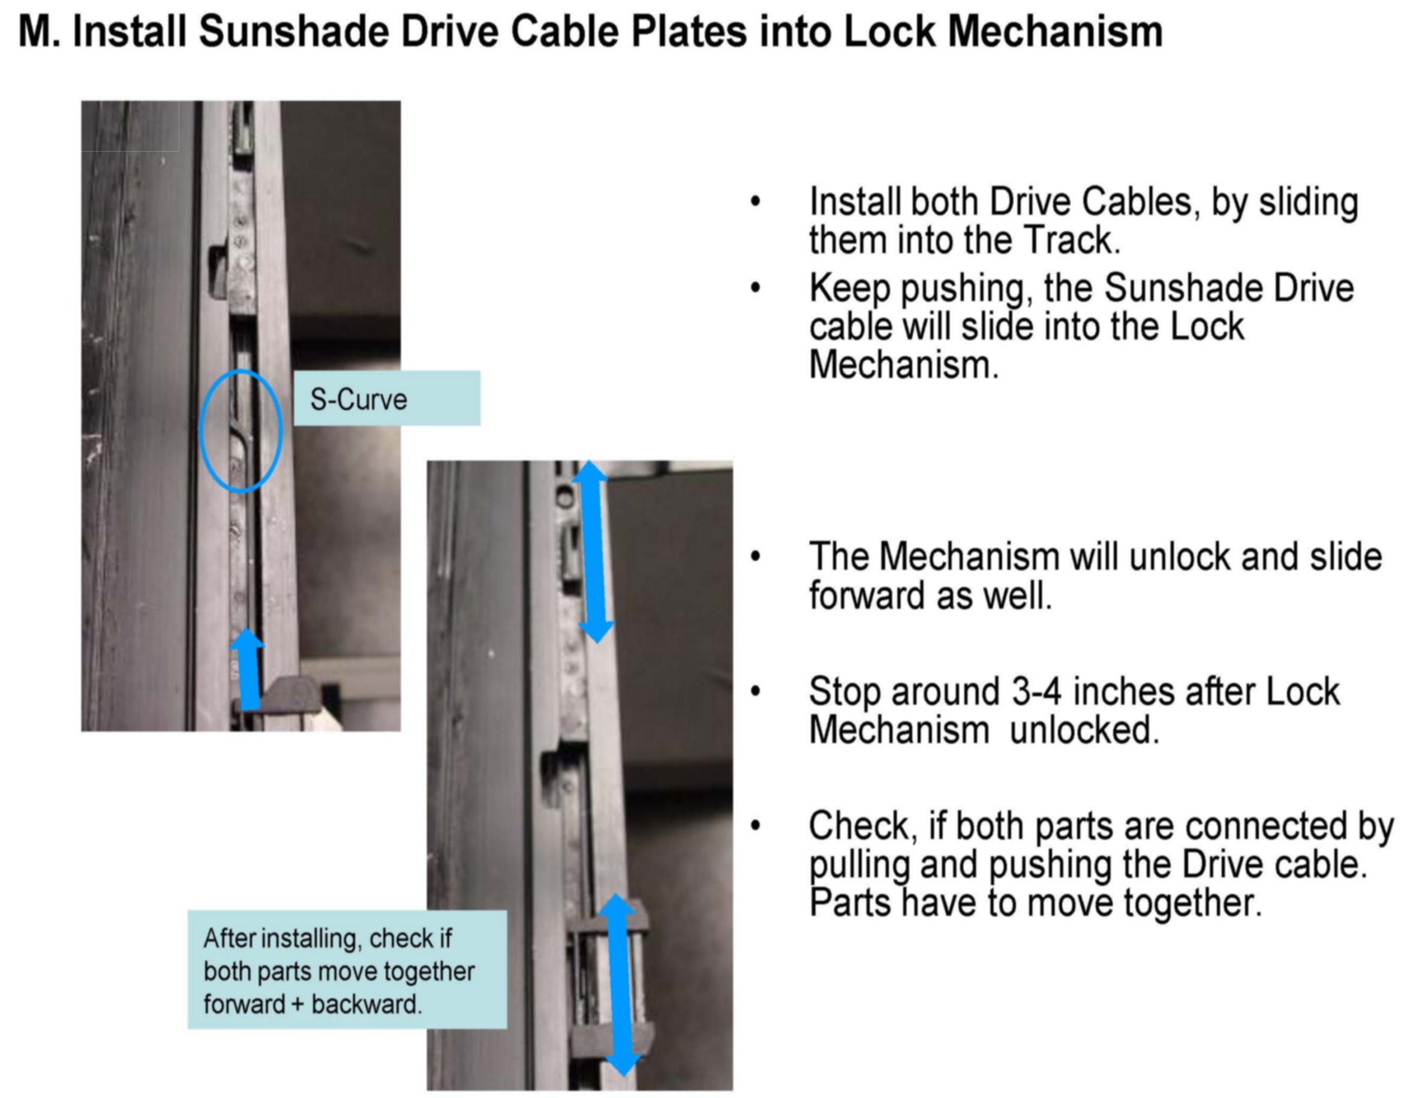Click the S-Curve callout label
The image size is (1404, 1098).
click(x=387, y=398)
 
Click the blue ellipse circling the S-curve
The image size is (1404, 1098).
click(x=200, y=431)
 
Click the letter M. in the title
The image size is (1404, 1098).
click(x=39, y=32)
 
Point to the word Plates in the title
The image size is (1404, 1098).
click(x=689, y=32)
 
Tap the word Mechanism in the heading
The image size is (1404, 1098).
click(x=1054, y=32)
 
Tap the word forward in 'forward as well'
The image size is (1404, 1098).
click(x=867, y=595)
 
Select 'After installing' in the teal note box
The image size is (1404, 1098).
click(x=282, y=939)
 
